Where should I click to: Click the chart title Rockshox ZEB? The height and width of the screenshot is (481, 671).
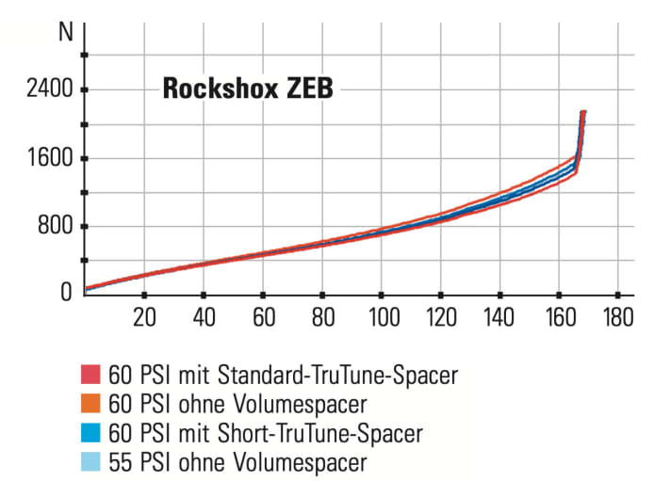pos(248,89)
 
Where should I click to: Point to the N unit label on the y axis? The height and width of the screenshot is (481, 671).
pos(65,30)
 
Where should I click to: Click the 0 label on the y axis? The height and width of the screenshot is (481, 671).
pos(66,292)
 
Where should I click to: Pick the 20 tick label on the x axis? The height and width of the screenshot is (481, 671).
pos(144,317)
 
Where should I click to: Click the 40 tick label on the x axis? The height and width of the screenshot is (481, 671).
pos(204,317)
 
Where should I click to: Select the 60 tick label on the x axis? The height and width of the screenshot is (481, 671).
pos(263,317)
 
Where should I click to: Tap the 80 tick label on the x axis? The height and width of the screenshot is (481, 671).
pos(322,317)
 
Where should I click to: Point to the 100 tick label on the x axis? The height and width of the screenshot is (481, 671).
pos(381,317)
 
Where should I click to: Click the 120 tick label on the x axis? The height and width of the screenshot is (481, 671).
pos(440,317)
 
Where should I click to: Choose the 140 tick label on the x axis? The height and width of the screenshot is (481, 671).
pos(499,317)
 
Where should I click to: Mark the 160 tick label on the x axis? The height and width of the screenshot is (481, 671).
pos(559,317)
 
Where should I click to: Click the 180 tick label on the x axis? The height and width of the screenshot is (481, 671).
pos(618,317)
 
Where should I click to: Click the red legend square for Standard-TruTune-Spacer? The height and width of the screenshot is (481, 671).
pos(92,376)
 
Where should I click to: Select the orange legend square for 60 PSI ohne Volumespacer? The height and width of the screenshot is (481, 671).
pos(92,405)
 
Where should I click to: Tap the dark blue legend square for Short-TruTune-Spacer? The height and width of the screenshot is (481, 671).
pos(92,434)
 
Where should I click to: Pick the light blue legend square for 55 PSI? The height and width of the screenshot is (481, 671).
pos(92,462)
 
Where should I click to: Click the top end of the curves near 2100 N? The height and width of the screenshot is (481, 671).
pos(583,113)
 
